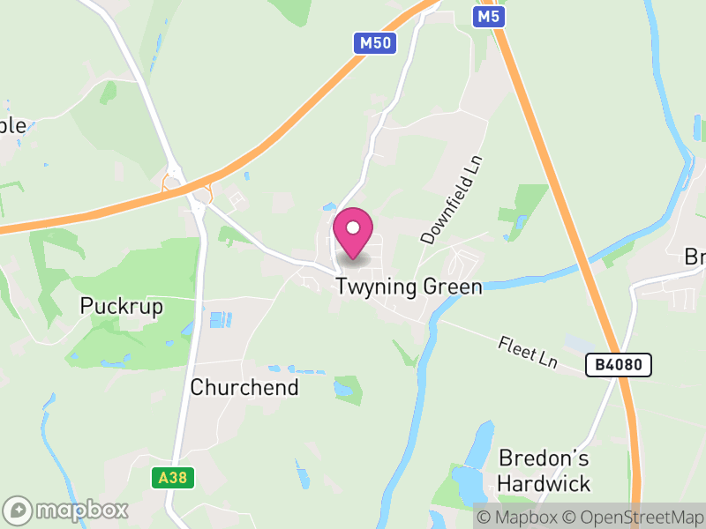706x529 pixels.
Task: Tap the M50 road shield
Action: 375,43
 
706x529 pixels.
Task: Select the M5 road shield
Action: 487,15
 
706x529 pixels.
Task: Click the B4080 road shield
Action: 618,364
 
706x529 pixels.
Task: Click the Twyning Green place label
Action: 409,287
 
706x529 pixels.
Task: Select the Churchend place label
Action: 244,387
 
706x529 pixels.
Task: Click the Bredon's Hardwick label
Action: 544,471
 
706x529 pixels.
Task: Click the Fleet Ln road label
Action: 528,352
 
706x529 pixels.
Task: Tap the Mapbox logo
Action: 66,510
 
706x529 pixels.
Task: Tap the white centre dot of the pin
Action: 353,227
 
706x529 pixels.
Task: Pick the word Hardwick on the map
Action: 544,484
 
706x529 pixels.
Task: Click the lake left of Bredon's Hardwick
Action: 470,467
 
